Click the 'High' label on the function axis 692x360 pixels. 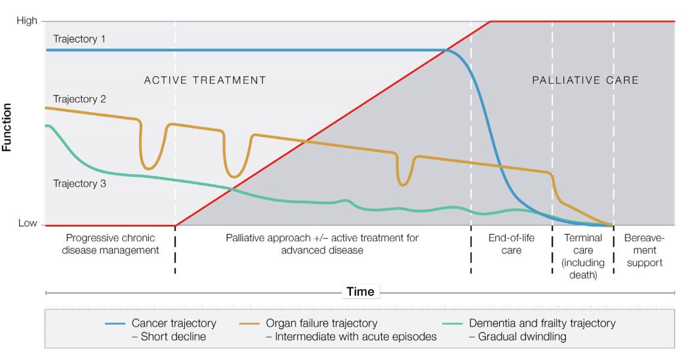[26, 21]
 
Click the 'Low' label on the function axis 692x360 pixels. [28, 223]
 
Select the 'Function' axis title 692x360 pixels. [6, 127]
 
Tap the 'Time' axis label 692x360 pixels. [360, 292]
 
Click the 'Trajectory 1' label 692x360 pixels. [79, 39]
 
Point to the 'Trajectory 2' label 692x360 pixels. [79, 99]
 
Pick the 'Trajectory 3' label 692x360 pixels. [79, 184]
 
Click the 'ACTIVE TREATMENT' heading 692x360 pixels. [205, 80]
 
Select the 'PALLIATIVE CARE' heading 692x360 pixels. [585, 80]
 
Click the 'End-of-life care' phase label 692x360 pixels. [511, 244]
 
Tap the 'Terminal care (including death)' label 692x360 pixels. [583, 256]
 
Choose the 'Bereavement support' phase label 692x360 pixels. [644, 250]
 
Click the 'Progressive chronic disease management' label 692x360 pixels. [110, 244]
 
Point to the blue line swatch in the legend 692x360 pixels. [115, 324]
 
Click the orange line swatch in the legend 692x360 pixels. [249, 324]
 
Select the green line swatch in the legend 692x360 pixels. [453, 324]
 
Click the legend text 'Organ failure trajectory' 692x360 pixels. [321, 323]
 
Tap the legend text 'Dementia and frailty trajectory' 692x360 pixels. [542, 323]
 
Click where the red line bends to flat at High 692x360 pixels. [491, 21]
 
